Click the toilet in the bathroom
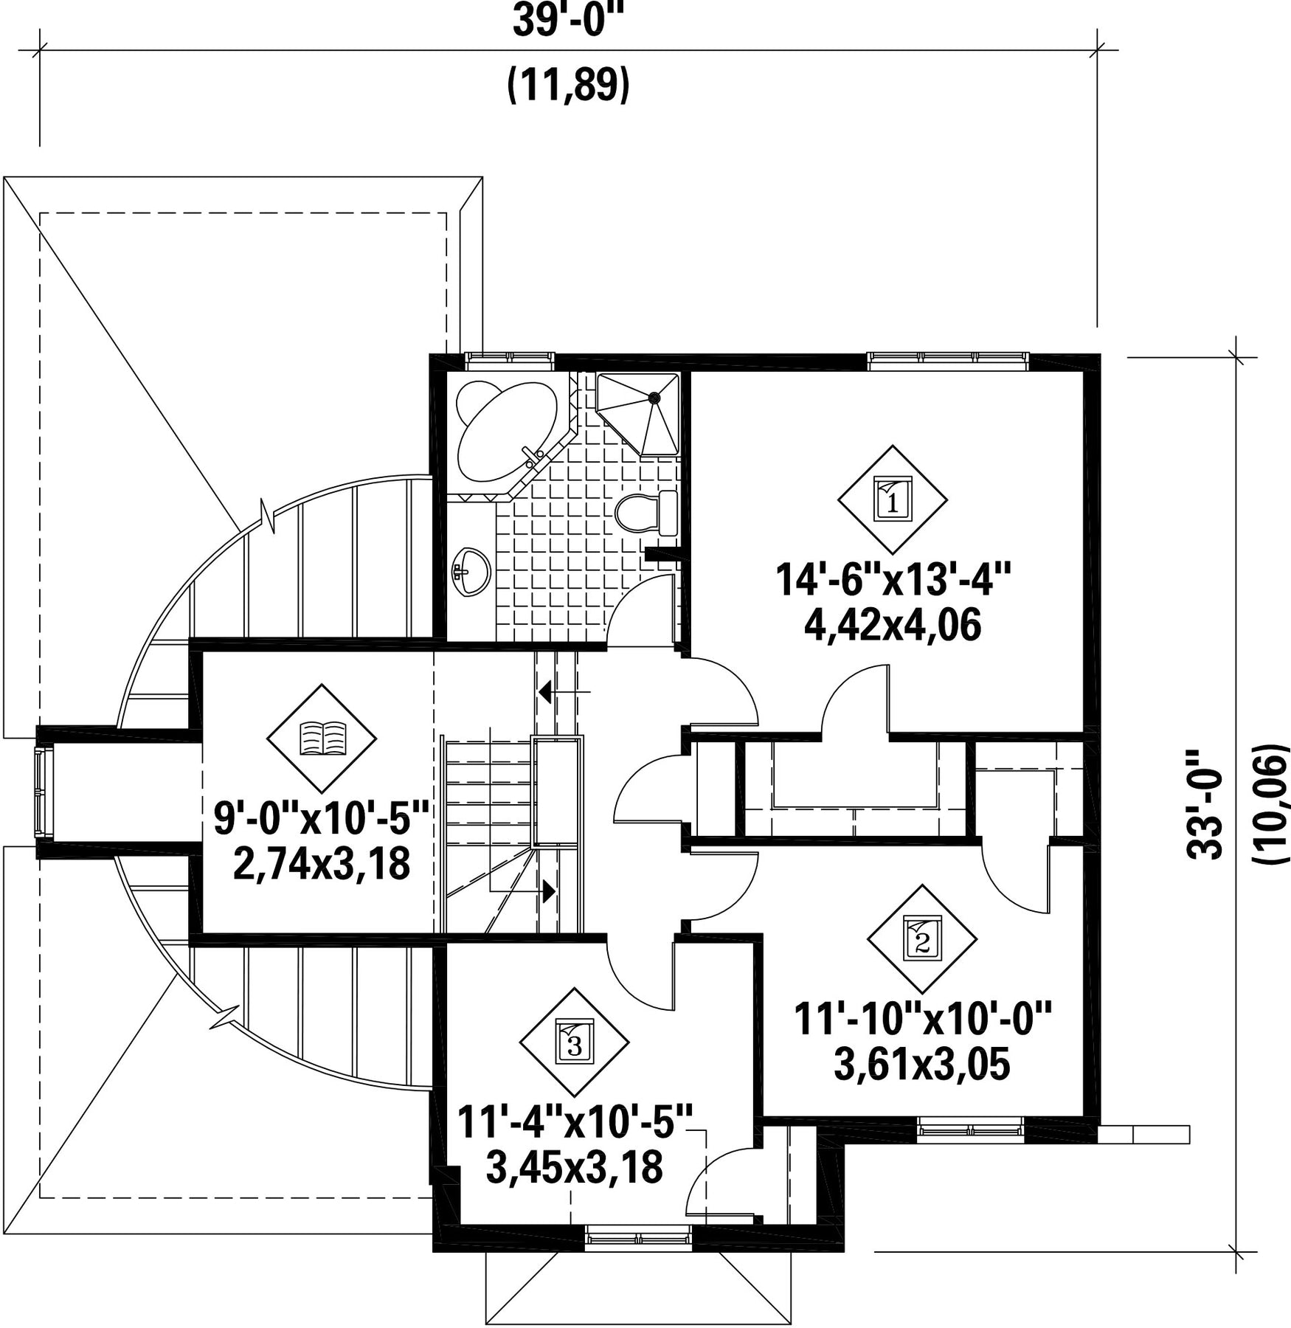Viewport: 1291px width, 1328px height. tap(646, 512)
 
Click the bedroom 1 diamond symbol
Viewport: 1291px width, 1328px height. tap(892, 499)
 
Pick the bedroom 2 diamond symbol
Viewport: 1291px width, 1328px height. tap(921, 938)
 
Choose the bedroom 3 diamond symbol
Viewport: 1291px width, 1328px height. tap(574, 1042)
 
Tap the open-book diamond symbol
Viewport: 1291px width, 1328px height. tap(322, 738)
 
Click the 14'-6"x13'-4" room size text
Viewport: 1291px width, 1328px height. tap(892, 579)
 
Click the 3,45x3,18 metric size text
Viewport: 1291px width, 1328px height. tap(575, 1166)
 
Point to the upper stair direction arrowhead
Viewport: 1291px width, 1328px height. tap(546, 691)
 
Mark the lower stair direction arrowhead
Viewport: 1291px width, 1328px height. tap(548, 891)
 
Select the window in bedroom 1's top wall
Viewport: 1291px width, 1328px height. tap(948, 359)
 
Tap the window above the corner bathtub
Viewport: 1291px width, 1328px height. tap(510, 360)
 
